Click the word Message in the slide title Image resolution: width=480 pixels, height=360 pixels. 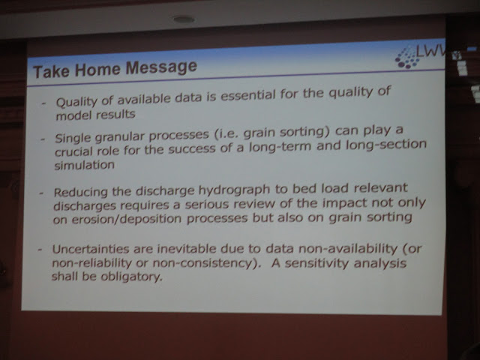(x=162, y=67)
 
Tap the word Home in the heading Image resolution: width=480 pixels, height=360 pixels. (x=97, y=69)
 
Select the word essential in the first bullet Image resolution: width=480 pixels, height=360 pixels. (x=248, y=95)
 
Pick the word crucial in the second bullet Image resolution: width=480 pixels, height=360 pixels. (x=73, y=151)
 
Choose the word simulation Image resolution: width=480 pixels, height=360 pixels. (x=85, y=165)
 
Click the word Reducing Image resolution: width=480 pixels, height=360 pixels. (x=81, y=193)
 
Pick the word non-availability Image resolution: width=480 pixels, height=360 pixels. (x=348, y=249)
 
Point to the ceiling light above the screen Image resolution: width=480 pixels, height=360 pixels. (x=183, y=19)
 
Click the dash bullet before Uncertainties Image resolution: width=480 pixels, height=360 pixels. (x=40, y=250)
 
